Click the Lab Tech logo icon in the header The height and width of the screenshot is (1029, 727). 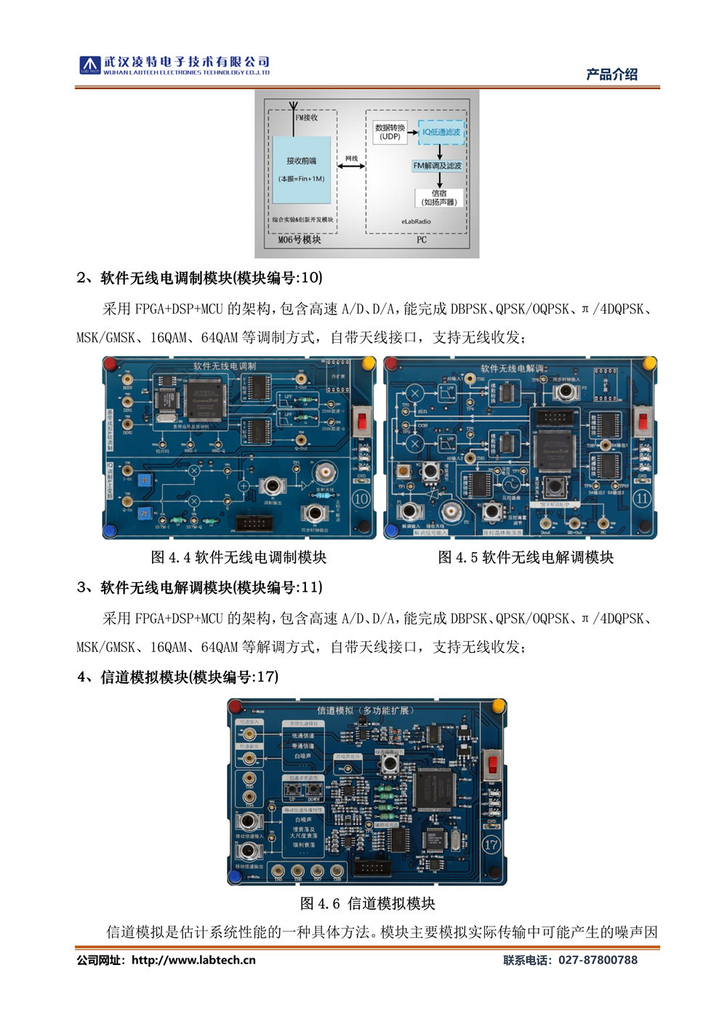(89, 65)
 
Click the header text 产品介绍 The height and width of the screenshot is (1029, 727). (611, 74)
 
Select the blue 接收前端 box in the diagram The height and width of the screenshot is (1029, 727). (301, 170)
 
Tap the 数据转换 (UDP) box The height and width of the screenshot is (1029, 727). (390, 132)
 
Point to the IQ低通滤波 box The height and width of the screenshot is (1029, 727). (441, 132)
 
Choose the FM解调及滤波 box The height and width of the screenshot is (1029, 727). (438, 166)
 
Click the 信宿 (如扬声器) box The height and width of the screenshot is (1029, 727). (439, 197)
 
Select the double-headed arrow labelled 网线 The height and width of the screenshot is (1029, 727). (351, 167)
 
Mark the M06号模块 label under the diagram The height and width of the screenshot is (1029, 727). (300, 239)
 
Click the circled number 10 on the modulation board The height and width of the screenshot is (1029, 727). (361, 498)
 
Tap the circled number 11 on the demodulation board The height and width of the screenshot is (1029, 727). (642, 498)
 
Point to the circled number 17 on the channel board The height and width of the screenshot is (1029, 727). (491, 844)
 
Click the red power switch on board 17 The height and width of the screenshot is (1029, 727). (492, 764)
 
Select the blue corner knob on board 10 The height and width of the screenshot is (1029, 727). (111, 530)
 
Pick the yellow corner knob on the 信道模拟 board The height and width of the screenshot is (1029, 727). (499, 705)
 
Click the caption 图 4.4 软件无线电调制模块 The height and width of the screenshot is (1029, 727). (238, 557)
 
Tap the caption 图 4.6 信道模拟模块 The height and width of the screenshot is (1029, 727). (367, 903)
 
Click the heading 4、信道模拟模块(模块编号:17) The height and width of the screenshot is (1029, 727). (177, 677)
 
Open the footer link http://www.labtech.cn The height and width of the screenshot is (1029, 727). (193, 960)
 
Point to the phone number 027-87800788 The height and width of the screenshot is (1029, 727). (598, 960)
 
